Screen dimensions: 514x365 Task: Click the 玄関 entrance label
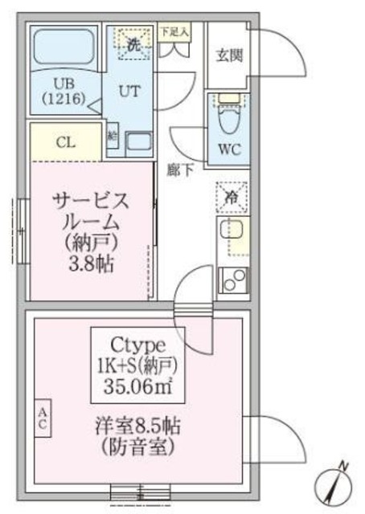coord(227,56)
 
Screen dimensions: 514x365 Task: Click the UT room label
coord(129,91)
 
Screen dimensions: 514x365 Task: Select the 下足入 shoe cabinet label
coord(174,32)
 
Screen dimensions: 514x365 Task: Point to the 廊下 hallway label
coord(179,169)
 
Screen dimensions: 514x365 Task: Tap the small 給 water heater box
coord(113,137)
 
